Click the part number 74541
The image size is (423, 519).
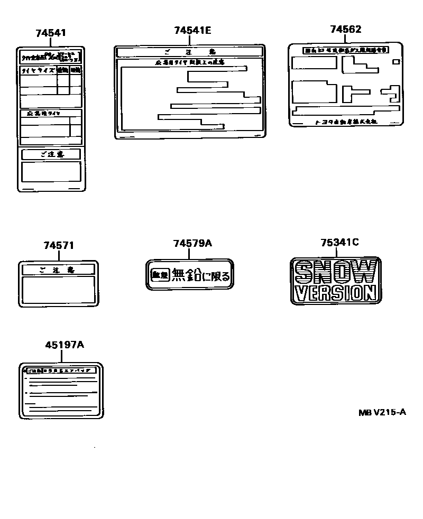pyautogui.click(x=51, y=33)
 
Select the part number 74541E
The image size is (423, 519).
pyautogui.click(x=192, y=31)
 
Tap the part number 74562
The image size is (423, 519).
pyautogui.click(x=345, y=30)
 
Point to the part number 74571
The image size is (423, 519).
pyautogui.click(x=59, y=246)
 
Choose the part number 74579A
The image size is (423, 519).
pyautogui.click(x=192, y=243)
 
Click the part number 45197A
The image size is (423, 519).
pyautogui.click(x=65, y=345)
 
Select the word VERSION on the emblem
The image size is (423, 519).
pyautogui.click(x=336, y=292)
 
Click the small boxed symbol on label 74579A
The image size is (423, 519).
pyautogui.click(x=158, y=275)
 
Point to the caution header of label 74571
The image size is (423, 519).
pyautogui.click(x=58, y=270)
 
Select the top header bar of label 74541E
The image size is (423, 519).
pyautogui.click(x=189, y=51)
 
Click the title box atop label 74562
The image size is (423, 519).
pyautogui.click(x=345, y=50)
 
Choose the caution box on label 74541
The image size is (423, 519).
pyautogui.click(x=51, y=154)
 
